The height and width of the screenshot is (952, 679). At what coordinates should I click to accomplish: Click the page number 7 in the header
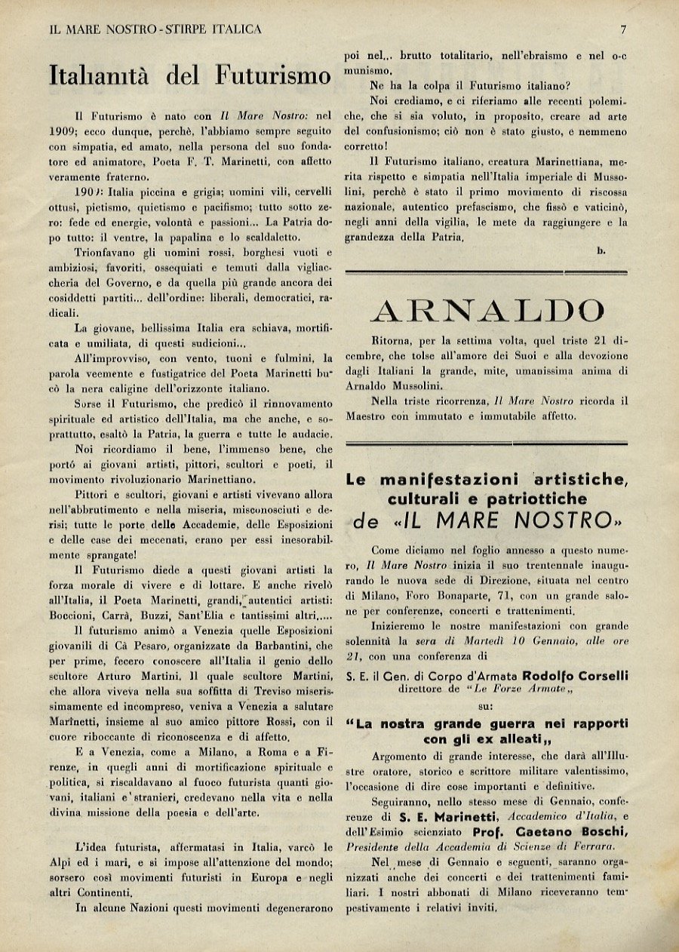coord(623,29)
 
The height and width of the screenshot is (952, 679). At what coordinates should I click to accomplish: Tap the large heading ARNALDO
coord(488,310)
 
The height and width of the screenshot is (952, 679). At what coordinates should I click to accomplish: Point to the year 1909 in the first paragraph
coord(60,131)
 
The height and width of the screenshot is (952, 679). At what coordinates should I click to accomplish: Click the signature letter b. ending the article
coord(601,250)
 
